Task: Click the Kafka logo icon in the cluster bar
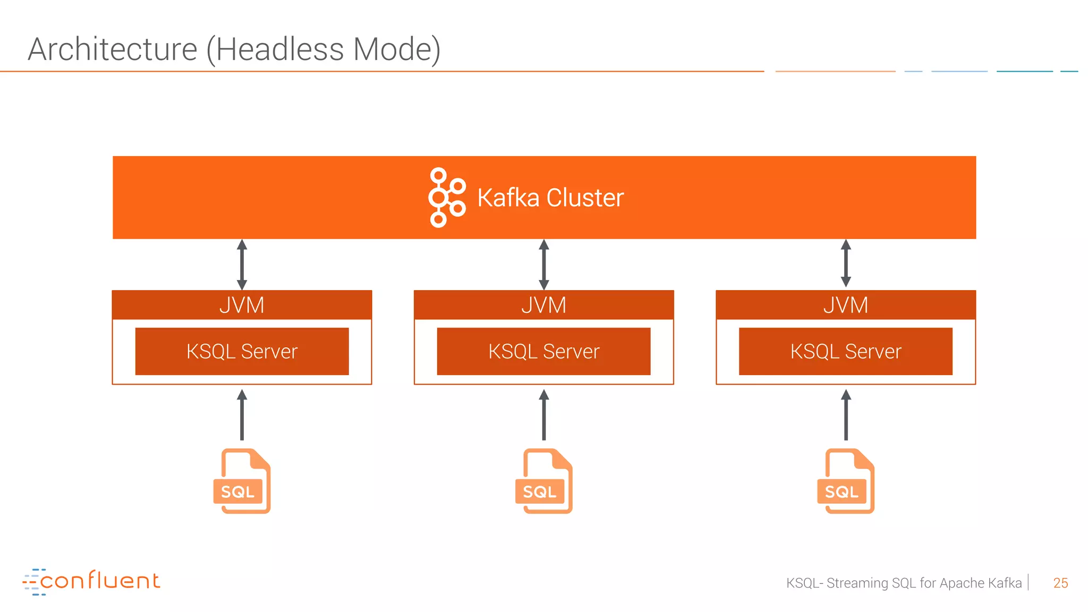(446, 198)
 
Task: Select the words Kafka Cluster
(550, 198)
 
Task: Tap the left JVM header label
(242, 305)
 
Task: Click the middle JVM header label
(543, 305)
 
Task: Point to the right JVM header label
(846, 305)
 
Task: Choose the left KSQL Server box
(242, 351)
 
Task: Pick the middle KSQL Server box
(543, 351)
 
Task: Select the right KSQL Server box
(846, 351)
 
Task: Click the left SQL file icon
(242, 481)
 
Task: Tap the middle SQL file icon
(544, 481)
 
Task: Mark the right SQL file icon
(846, 481)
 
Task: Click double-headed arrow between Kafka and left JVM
(242, 264)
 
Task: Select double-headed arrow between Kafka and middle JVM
(543, 264)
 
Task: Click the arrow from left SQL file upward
(242, 415)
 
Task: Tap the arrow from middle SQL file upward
(543, 415)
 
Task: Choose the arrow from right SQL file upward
(846, 415)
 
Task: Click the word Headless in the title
(279, 49)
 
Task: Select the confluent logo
(91, 581)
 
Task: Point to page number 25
(1060, 583)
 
